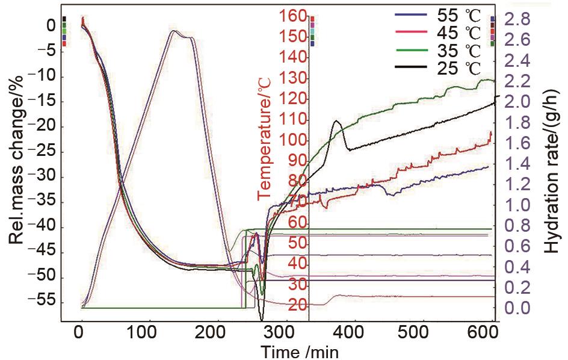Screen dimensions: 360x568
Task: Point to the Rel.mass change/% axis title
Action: (x=17, y=160)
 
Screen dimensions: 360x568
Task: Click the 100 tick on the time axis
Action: (x=143, y=334)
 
